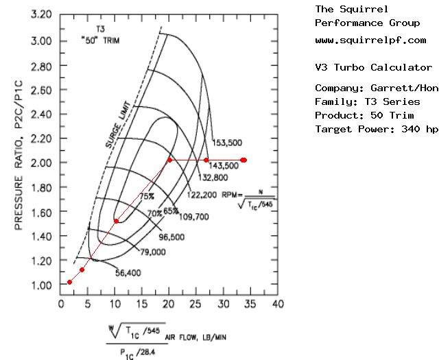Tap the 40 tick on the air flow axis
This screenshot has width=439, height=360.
[278, 302]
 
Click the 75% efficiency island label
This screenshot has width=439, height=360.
[147, 196]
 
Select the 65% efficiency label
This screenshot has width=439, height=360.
[171, 211]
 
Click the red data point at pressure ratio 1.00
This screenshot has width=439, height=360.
[69, 282]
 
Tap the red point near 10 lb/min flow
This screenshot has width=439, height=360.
[116, 221]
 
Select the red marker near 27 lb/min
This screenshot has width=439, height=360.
[206, 160]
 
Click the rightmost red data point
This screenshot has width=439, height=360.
[244, 160]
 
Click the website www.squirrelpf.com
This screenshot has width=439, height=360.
[370, 40]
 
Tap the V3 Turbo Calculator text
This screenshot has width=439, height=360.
[373, 68]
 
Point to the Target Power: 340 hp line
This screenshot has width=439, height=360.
[377, 129]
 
